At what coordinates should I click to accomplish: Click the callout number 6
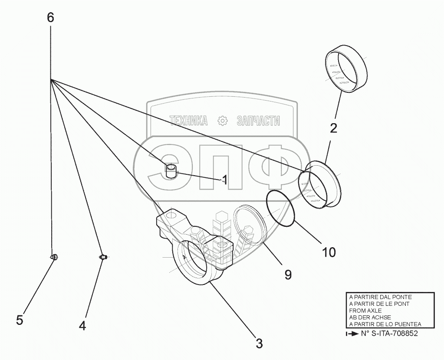coord(50,18)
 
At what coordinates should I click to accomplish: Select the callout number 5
coord(20,320)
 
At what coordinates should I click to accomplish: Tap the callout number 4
coord(82,325)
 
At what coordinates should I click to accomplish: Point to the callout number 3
coord(259,344)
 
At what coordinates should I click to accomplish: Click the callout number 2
coord(333,128)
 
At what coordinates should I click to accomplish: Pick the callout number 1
coord(224,179)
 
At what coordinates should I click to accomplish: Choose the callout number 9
coord(288,274)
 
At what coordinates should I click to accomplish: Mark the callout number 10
coord(329,252)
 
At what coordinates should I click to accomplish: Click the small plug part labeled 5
coord(55,257)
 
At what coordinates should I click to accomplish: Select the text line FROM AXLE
coord(365,311)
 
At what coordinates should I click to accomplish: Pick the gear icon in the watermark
coord(222,121)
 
